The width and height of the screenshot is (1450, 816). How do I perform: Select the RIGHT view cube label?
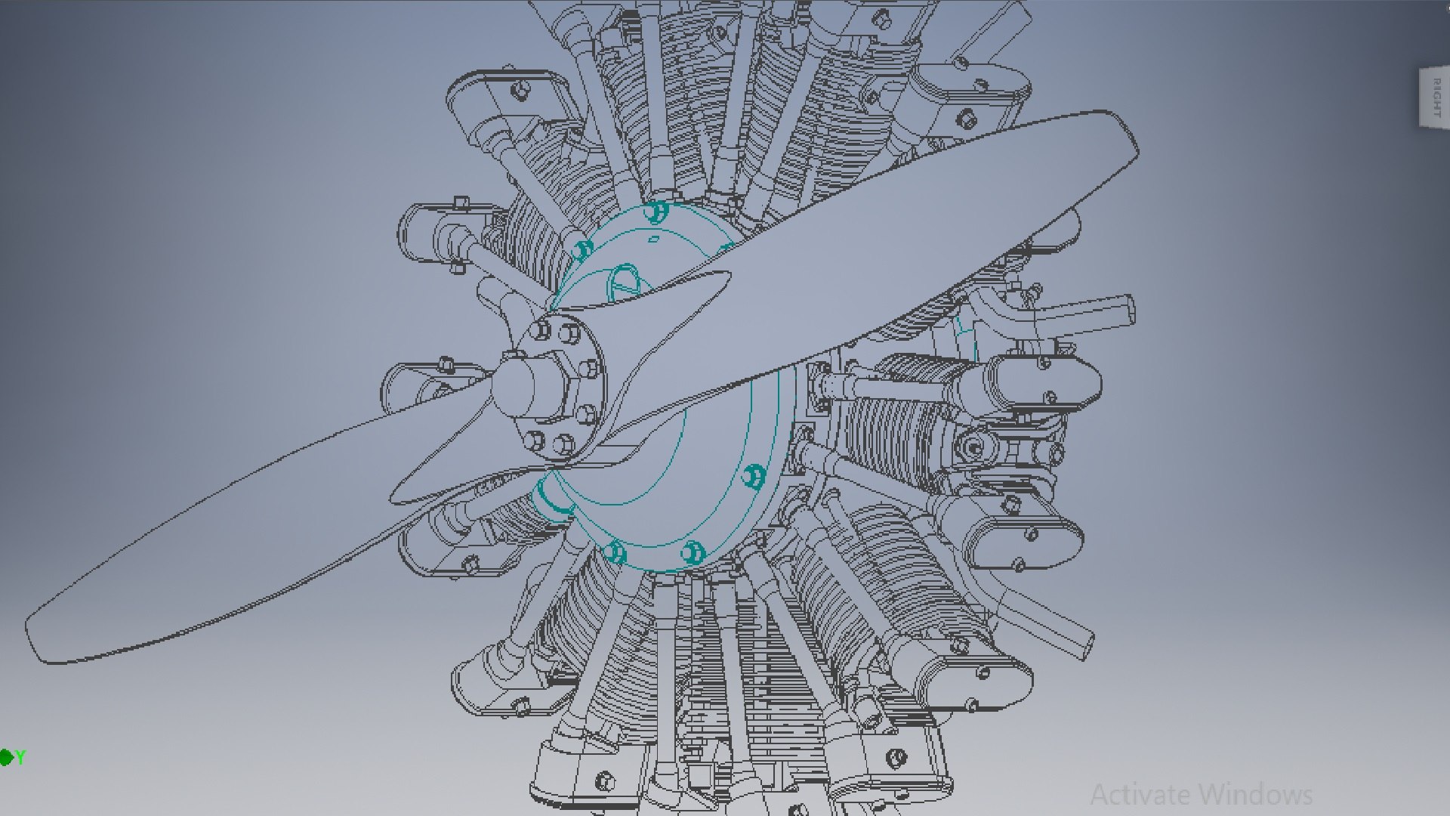pos(1436,98)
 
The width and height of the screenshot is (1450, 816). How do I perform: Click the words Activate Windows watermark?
pos(1201,794)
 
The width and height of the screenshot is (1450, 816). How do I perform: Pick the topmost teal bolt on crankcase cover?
pos(657,211)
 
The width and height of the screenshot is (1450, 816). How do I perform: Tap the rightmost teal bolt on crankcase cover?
pos(754,477)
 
